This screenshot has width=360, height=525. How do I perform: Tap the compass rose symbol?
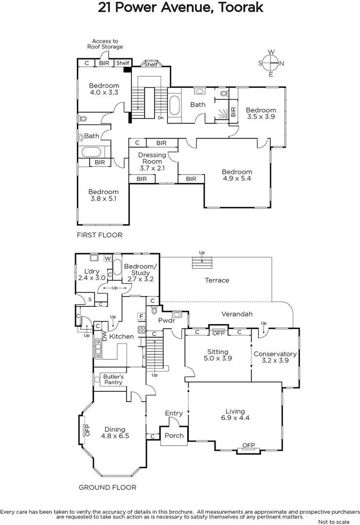[x=271, y=63]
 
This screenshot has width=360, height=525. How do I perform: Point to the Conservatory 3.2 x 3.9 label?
[x=275, y=357]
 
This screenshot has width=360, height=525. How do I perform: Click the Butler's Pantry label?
[x=113, y=379]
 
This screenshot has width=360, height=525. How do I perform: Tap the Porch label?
[x=174, y=435]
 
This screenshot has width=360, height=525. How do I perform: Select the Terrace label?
[x=216, y=280]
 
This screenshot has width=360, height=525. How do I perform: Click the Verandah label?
[x=237, y=314]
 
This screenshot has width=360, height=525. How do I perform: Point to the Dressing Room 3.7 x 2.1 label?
[x=152, y=161]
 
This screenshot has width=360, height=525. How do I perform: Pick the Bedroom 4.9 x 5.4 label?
[x=237, y=175]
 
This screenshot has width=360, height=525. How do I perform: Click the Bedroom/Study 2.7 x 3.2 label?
[x=140, y=273]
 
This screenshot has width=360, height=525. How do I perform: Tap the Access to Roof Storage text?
[x=105, y=44]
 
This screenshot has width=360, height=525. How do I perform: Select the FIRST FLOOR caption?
[x=100, y=235]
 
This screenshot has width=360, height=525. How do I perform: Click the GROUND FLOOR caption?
[x=108, y=487]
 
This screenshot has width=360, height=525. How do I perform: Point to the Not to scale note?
[x=335, y=522]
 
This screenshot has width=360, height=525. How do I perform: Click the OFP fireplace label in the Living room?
[x=249, y=445]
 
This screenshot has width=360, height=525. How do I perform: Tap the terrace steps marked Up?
[x=202, y=261]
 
